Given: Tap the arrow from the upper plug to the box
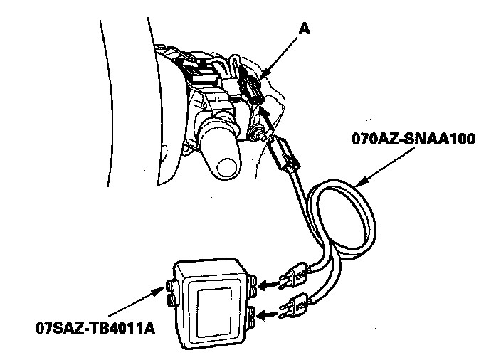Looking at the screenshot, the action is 266,285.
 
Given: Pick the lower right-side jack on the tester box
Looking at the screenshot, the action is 253,317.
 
